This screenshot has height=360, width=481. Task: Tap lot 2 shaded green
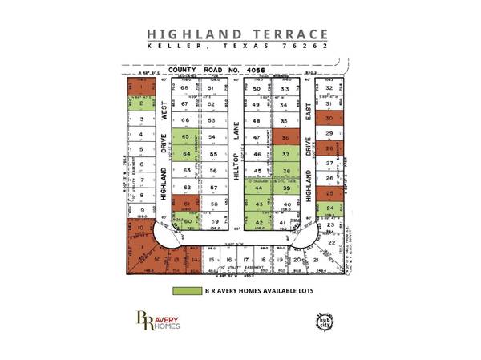(142, 103)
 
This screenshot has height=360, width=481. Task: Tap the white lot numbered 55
(213, 154)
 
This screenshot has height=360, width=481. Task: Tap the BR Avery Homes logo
(158, 322)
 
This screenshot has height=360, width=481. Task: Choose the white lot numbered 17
(229, 261)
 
